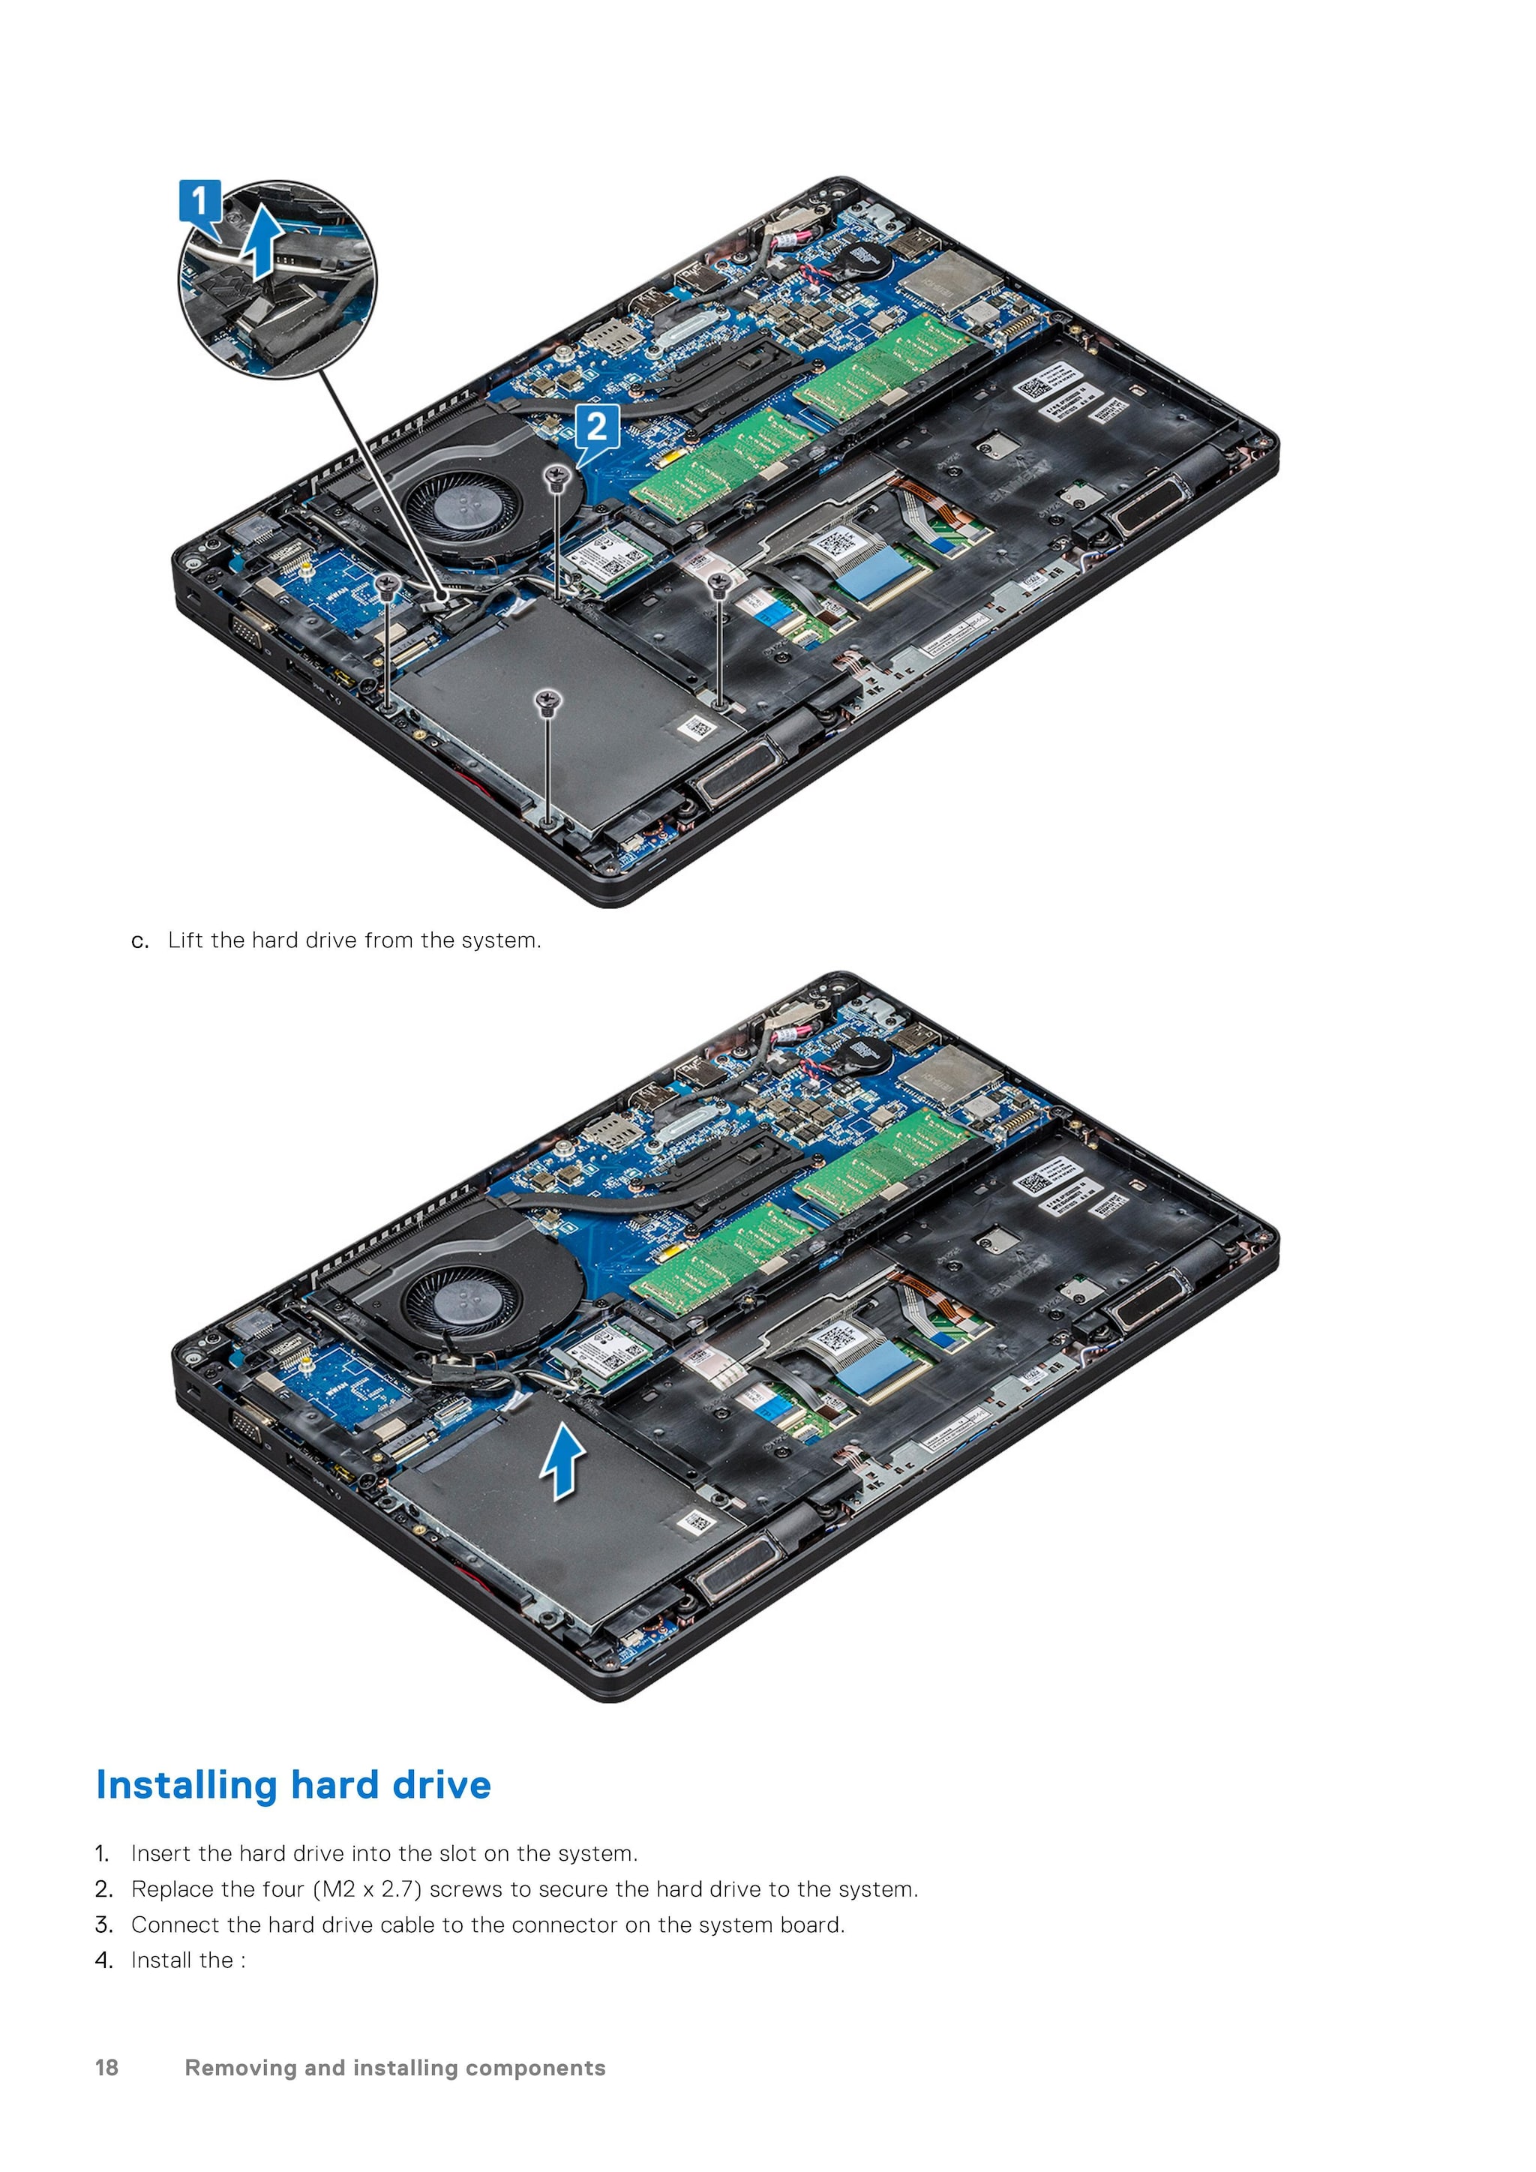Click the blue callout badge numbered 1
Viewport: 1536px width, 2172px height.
pos(199,202)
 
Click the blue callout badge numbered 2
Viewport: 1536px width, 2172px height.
pos(597,427)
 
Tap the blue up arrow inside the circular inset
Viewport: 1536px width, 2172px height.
pos(262,244)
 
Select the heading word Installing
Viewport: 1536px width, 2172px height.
pos(186,1786)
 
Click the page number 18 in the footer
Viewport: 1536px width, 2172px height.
pos(107,2067)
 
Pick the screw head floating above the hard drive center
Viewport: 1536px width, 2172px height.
pos(547,700)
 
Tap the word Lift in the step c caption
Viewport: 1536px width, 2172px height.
pos(185,940)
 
